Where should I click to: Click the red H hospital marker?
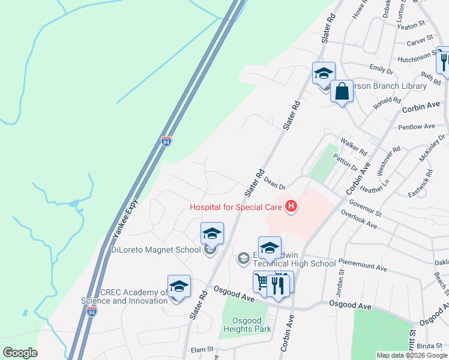click(x=291, y=207)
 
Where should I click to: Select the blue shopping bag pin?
click(x=342, y=92)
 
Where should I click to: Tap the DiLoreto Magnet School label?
click(x=155, y=250)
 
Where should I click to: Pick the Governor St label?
click(x=365, y=208)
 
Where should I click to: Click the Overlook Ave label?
click(x=375, y=219)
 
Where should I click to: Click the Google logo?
click(x=20, y=353)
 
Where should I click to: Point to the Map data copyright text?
click(x=411, y=355)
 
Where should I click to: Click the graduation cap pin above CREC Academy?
click(x=179, y=287)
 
